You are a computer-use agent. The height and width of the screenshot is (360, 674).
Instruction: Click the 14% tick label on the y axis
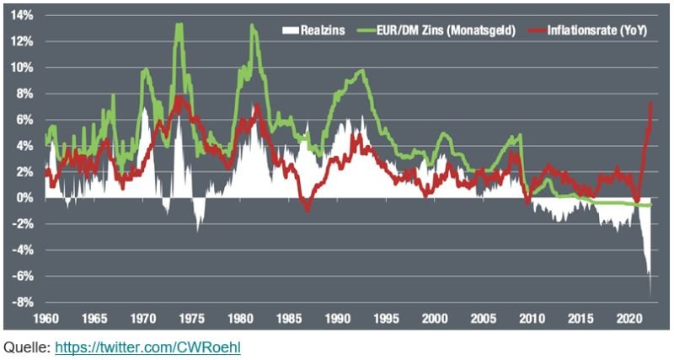pos(23,16)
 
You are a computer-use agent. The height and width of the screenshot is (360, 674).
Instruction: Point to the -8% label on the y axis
pos(23,303)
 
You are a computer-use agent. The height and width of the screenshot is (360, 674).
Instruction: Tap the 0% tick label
pos(26,198)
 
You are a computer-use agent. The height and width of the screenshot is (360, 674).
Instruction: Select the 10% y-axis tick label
pos(23,68)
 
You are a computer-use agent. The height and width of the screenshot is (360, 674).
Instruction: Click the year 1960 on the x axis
pos(45,320)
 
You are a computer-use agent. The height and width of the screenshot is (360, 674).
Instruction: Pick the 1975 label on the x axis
pos(192,320)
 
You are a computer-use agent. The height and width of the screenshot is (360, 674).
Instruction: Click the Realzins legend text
pos(323,30)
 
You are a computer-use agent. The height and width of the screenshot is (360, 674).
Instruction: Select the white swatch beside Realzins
pos(291,30)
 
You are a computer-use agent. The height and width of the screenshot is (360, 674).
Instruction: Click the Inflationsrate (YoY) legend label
pos(597,30)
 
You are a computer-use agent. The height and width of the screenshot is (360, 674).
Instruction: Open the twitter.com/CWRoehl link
pos(147,347)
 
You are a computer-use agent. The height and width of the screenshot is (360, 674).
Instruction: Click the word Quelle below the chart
pos(27,347)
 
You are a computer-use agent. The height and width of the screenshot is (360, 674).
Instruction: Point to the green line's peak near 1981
pos(252,25)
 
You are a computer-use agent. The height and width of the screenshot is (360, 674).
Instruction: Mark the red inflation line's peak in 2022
pos(650,103)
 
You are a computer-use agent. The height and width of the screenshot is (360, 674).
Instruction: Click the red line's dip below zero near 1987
pos(307,209)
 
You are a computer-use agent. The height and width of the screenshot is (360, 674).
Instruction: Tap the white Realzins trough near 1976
pos(198,231)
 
